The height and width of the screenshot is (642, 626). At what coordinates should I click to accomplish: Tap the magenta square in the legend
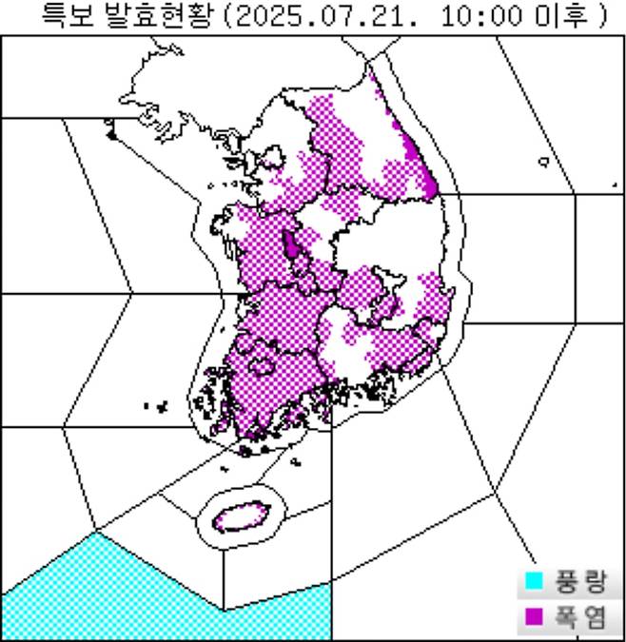[535, 618]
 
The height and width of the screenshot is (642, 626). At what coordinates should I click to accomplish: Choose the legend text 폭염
[581, 618]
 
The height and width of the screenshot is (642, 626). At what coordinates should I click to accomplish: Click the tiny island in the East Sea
[543, 162]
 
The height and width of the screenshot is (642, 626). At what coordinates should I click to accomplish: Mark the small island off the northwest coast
[110, 132]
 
